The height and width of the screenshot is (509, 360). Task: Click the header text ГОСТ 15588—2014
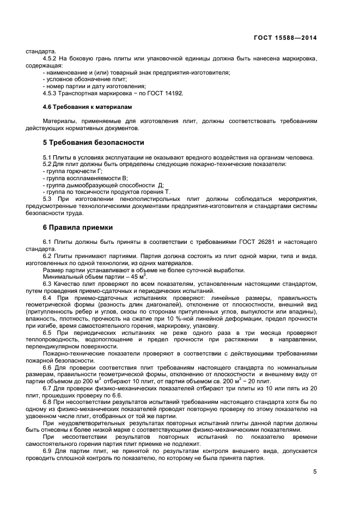[x=285, y=38]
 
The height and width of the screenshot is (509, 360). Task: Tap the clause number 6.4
[x=47, y=298]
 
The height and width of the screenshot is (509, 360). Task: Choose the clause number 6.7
[x=47, y=388]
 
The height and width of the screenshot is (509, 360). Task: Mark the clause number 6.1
[x=47, y=241]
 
